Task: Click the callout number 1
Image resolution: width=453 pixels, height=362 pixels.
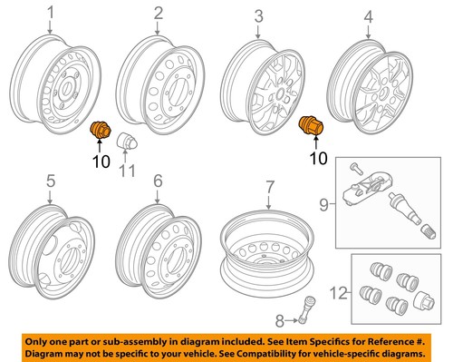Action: coord(51,13)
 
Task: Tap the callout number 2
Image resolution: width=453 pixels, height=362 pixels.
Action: coord(158,13)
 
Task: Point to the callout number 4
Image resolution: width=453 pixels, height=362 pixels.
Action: coord(368,15)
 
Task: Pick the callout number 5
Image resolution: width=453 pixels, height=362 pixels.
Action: coord(51,181)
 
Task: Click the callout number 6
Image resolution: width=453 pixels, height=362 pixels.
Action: coord(158,181)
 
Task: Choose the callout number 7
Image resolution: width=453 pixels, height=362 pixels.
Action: coord(268,188)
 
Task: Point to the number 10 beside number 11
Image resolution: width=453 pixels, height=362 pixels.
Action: coord(100,161)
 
